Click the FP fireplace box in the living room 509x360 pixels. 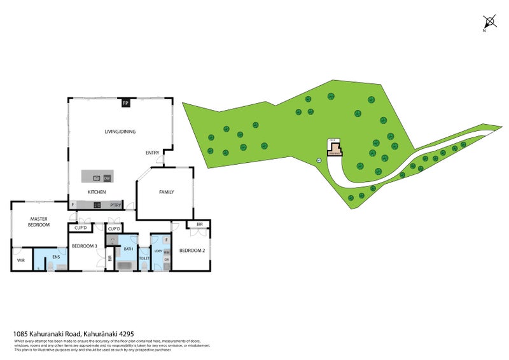125,102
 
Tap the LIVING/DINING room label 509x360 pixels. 120,132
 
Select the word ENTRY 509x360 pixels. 153,153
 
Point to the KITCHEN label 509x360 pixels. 97,192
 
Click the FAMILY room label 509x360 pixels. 166,192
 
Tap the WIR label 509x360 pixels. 20,260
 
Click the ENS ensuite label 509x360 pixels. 55,257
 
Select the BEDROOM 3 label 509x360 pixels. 84,246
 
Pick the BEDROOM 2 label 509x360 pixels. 192,251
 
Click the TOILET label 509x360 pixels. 144,258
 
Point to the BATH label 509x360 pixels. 128,249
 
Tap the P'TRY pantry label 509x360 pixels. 116,205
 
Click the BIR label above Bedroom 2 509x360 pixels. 199,225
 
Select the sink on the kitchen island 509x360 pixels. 97,177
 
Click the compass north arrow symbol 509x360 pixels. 489,22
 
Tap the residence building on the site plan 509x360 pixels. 335,150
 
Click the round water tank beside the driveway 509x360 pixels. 319,160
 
